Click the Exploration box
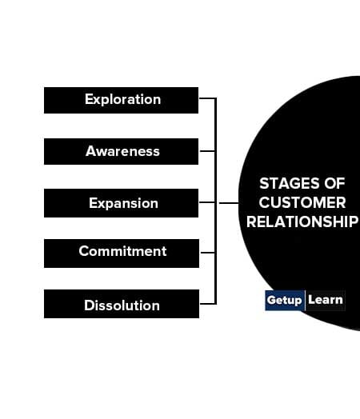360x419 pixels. [121, 100]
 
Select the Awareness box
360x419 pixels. [121, 151]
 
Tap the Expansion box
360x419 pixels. [121, 203]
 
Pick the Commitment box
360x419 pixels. [122, 253]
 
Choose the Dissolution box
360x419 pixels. [122, 304]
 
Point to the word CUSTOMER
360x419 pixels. [302, 202]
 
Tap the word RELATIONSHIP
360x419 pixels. [302, 221]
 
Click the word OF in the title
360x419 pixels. [334, 184]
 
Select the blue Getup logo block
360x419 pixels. [285, 301]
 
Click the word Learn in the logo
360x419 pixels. [326, 300]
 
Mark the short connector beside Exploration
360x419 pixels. [207, 98]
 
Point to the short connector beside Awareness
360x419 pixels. [207, 151]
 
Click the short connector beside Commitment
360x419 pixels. [207, 253]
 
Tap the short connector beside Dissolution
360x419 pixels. [208, 304]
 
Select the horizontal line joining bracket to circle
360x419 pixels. [229, 203]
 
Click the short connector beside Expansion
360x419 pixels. [207, 202]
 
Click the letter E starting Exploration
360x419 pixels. [89, 99]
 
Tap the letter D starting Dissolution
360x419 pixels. [90, 305]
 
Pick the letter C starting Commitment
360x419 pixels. [84, 251]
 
